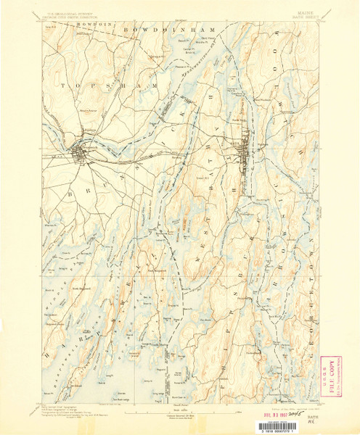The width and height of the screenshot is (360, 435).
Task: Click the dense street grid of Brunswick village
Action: tap(81, 154)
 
